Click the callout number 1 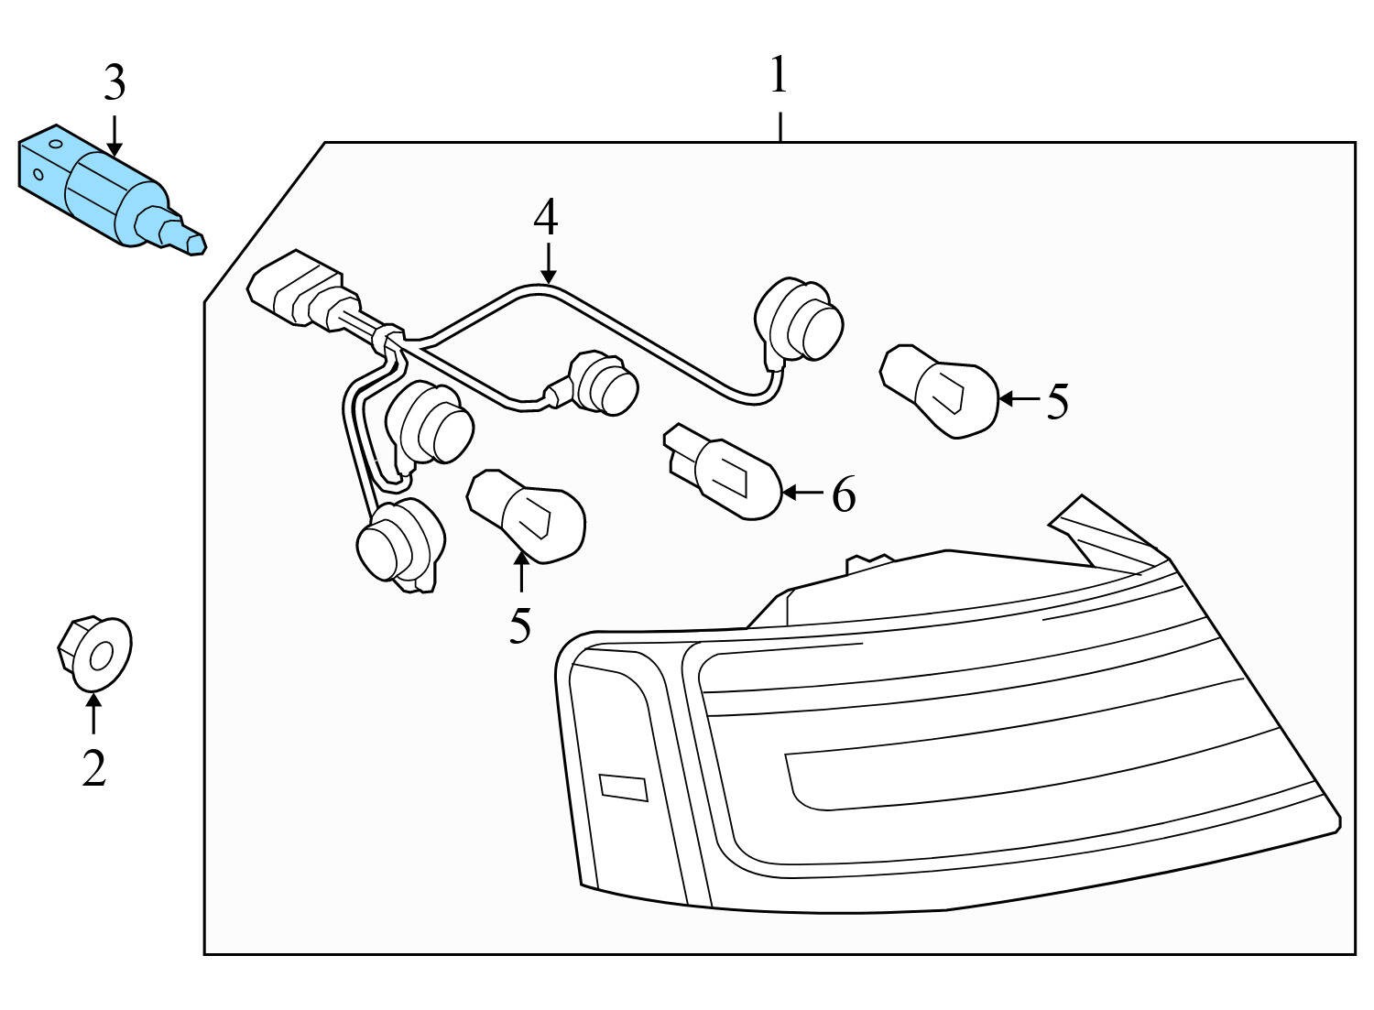[x=779, y=76]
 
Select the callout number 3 [x=114, y=84]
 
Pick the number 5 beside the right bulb [x=1057, y=400]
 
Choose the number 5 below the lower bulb [x=519, y=625]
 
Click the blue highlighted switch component [x=101, y=188]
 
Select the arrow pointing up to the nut [x=93, y=714]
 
